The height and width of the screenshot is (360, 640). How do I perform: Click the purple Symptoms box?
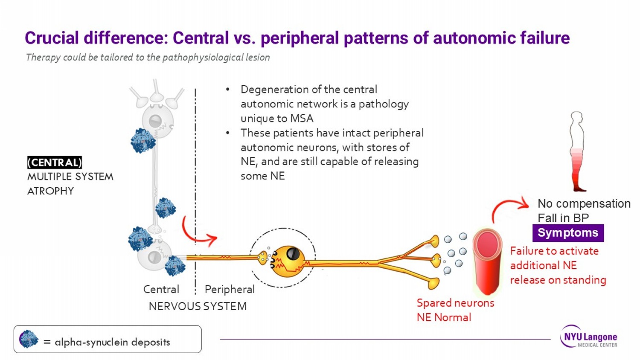pos(568,233)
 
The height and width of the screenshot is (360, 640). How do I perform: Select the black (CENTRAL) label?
pos(55,163)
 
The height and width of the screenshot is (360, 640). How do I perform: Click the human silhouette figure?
pos(577,151)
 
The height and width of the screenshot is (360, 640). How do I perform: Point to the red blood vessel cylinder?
pos(487,261)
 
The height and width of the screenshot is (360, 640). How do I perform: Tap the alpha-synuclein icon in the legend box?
pos(29,340)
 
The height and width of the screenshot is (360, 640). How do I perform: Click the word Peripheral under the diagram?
pos(230,290)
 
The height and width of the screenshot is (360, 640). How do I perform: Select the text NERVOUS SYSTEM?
pos(198,306)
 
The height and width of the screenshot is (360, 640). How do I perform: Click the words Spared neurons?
pos(455,303)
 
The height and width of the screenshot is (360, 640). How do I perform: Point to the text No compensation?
pos(584,203)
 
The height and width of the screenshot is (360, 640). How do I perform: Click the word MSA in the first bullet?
pos(302,119)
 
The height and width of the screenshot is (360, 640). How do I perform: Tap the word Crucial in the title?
pos(52,38)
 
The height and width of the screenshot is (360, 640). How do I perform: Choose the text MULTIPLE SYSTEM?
pos(70,177)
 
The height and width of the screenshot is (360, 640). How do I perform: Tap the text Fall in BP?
pos(563,218)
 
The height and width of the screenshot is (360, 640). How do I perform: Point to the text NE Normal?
pos(444,318)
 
